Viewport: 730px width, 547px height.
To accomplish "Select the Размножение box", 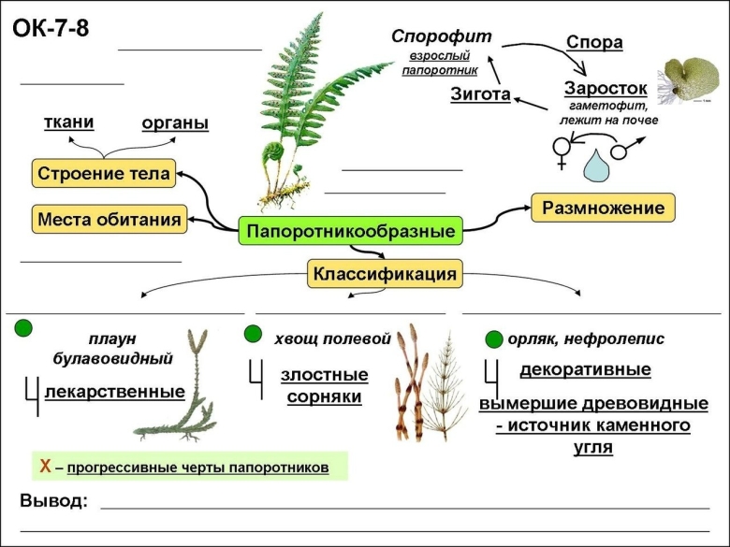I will (x=604, y=208).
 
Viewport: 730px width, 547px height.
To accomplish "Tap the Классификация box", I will (x=385, y=274).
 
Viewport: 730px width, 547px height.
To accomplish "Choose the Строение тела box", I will (x=102, y=173).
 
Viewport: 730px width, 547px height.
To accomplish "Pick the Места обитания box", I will (x=109, y=220).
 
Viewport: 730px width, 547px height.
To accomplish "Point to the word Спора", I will (x=594, y=42).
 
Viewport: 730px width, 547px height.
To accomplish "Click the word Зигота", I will (x=480, y=94).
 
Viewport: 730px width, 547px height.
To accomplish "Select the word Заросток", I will (x=606, y=87).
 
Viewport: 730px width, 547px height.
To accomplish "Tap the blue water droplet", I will (x=595, y=166).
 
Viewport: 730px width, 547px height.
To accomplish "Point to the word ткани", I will (x=69, y=122).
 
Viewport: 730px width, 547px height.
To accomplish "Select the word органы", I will (x=175, y=123).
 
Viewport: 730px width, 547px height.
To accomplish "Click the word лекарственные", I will (x=114, y=391).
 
